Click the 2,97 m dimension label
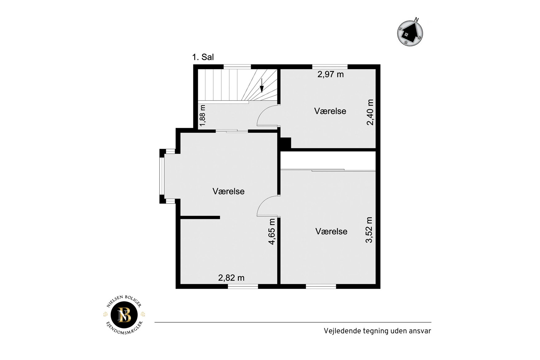point(331,74)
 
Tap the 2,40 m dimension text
point(370,112)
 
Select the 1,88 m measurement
point(202,115)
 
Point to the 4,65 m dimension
point(272,232)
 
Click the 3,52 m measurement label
point(369,230)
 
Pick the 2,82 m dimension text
point(231,278)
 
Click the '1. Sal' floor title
point(203,57)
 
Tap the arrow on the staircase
point(262,85)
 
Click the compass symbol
point(410,33)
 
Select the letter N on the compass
point(417,20)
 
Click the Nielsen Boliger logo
point(124,315)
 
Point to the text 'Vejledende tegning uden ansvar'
point(377,331)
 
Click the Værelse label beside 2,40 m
point(330,111)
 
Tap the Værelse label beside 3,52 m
point(331,231)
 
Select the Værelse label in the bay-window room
point(229,191)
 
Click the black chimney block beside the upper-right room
point(286,143)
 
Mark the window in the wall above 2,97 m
point(330,67)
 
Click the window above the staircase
point(237,67)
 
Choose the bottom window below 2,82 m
point(243,286)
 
